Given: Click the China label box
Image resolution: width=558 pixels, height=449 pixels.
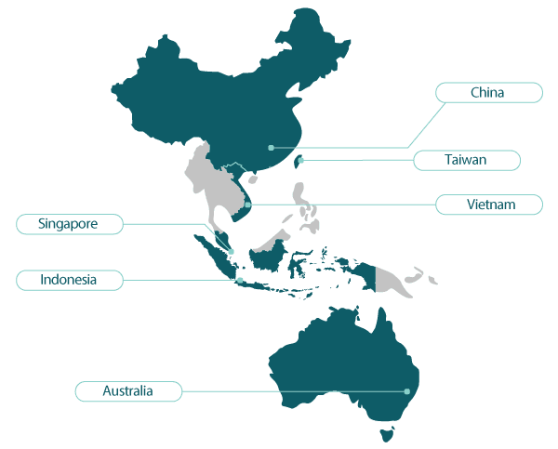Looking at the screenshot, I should coord(488,92).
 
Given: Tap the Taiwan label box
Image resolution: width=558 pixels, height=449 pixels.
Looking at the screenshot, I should coord(478,160).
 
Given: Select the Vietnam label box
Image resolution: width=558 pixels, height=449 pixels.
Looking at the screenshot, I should coord(489,204).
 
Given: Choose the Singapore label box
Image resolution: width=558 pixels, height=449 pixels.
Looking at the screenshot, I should coord(69,223).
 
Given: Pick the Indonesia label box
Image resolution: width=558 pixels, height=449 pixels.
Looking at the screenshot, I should coord(69,279).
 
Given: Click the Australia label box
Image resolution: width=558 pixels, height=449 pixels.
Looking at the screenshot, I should coord(128,391).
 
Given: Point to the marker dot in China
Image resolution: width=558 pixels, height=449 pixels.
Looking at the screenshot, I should coord(271,147).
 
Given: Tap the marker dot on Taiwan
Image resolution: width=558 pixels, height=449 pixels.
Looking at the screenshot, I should coord(300,160).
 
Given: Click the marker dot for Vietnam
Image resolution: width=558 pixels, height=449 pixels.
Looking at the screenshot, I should coord(248,204).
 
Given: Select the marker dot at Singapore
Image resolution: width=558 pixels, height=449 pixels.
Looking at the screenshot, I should coord(231,251).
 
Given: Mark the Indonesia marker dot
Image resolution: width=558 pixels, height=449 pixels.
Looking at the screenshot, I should coord(240,279).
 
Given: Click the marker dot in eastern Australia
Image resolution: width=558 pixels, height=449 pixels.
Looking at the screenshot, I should coord(407,391).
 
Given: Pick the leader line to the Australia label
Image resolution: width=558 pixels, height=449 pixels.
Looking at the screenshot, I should coord(293,391).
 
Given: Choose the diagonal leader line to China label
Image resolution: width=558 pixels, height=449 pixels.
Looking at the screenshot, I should coord(423,121).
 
